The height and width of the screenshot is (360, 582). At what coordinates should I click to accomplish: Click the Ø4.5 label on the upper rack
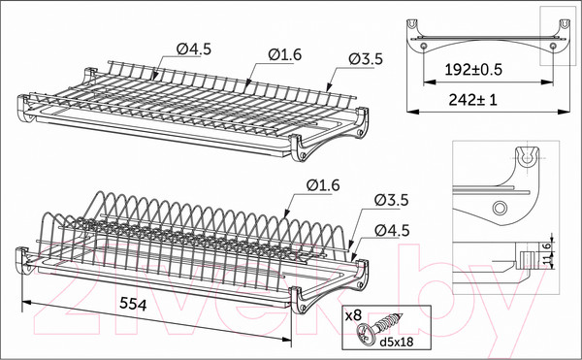(x=194, y=49)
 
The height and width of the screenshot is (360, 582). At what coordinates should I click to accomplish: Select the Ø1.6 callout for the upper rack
(x=284, y=55)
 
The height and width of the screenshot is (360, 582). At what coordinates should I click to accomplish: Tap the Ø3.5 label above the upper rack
(x=366, y=59)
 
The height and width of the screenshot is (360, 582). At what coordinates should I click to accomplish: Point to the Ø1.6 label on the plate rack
(x=323, y=184)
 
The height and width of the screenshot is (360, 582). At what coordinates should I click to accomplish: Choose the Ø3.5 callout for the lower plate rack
(x=392, y=200)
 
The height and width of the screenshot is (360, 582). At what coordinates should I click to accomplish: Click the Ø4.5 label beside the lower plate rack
(x=392, y=231)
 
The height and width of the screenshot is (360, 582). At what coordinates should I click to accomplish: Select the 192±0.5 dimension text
(x=473, y=70)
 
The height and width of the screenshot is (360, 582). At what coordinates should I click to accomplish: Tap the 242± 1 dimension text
(x=472, y=100)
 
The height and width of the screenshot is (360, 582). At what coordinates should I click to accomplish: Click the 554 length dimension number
(x=133, y=305)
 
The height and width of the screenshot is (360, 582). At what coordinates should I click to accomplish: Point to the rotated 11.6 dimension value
(x=547, y=254)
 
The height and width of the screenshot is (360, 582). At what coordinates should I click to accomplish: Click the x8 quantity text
(x=353, y=315)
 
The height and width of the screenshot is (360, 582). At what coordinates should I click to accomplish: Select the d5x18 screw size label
(x=397, y=342)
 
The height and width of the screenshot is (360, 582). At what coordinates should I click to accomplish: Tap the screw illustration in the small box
(x=378, y=326)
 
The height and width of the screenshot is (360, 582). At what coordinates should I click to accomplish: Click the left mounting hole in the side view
(x=424, y=46)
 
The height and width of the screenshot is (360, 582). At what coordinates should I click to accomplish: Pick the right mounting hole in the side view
(x=553, y=46)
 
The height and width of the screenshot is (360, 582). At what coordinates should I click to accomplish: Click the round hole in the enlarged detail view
(x=500, y=208)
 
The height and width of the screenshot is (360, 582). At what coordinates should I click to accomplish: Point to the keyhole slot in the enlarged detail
(x=527, y=157)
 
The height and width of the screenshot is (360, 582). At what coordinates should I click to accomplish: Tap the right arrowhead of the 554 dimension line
(x=286, y=339)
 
